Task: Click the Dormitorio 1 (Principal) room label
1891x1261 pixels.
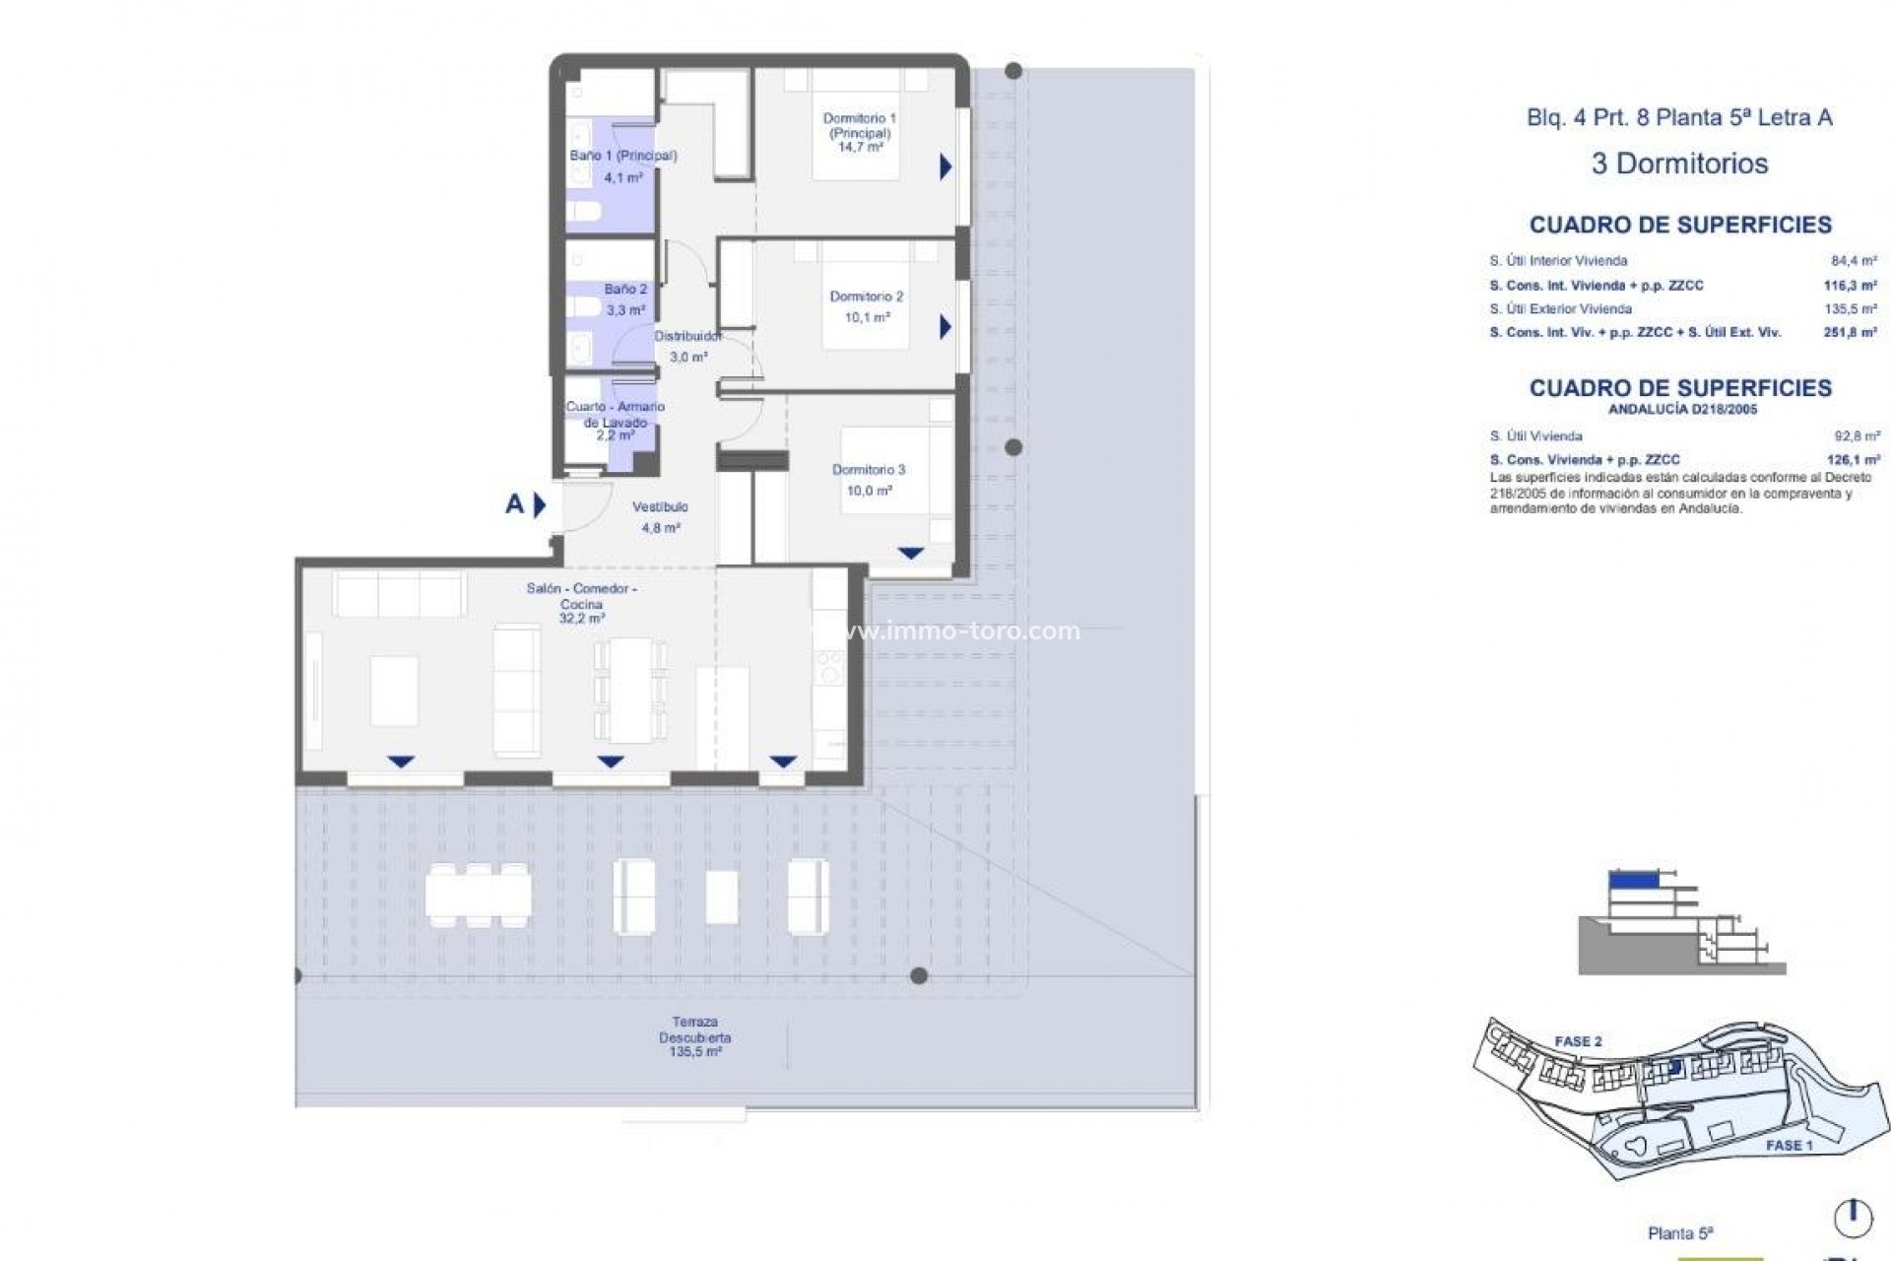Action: coord(859,126)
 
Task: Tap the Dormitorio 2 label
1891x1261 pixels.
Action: coord(866,297)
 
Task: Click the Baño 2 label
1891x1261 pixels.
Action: coord(625,290)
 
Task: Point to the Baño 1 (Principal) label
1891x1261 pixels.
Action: coord(622,156)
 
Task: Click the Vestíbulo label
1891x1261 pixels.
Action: coord(660,507)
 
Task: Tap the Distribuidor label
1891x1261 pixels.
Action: coord(687,336)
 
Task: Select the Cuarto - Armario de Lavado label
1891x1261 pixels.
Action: coord(615,414)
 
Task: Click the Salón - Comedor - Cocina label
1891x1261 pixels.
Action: coord(581,596)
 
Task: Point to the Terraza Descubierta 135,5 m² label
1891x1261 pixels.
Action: coord(694,1037)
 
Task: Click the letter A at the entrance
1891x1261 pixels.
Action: coord(514,504)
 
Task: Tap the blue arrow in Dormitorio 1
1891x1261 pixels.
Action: coord(945,166)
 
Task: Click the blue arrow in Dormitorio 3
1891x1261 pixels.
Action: coord(910,554)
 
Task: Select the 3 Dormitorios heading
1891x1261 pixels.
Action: coord(1679,164)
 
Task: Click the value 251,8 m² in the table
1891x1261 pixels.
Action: coord(1850,333)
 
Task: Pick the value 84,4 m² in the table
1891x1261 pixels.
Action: coord(1854,261)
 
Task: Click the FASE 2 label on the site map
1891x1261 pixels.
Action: coord(1578,1041)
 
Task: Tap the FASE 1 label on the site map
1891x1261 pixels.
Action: coord(1789,1145)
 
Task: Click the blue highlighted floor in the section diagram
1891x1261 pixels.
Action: coord(1632,879)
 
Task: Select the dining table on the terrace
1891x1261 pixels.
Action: coord(478,895)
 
